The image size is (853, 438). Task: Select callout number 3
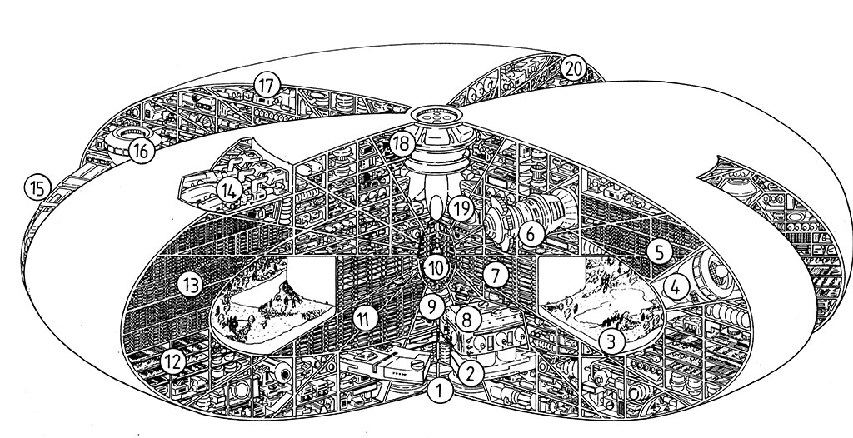click(x=611, y=341)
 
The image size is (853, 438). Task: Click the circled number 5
click(x=660, y=252)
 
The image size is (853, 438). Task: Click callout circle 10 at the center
click(x=436, y=268)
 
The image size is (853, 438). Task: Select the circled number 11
click(x=362, y=317)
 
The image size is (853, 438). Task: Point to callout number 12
click(x=172, y=362)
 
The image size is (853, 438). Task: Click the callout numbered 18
click(x=402, y=143)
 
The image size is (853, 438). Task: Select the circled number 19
click(x=461, y=207)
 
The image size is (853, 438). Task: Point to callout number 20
click(x=571, y=68)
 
